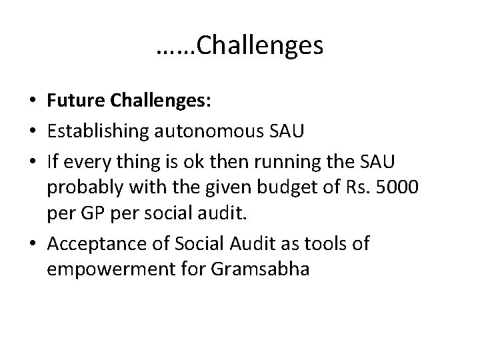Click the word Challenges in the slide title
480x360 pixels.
(261, 46)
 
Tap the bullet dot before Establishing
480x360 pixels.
(32, 131)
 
